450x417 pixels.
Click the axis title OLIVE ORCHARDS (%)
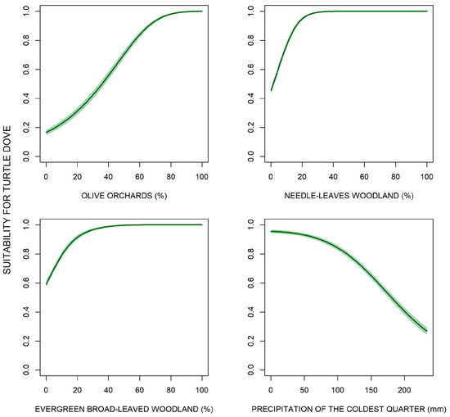click(124, 196)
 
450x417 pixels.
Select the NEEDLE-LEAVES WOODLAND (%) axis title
click(349, 196)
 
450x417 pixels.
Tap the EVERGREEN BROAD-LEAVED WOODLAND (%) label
click(124, 409)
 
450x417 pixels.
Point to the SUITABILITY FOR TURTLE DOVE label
click(7, 200)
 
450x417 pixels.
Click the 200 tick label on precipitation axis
click(404, 390)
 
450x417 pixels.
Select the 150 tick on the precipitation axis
click(371, 390)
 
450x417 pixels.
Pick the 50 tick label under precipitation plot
click(304, 390)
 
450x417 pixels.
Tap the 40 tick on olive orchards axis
click(109, 176)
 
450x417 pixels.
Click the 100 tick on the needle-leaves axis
click(427, 176)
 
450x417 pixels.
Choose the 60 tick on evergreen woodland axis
click(139, 390)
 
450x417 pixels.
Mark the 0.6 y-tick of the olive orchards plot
click(26, 70)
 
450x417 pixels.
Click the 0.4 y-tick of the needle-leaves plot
click(251, 98)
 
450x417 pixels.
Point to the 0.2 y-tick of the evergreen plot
click(26, 341)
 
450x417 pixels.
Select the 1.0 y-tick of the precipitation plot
click(251, 224)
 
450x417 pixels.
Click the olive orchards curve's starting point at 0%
click(47, 132)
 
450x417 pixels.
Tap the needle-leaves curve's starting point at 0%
click(271, 90)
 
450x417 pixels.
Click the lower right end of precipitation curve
click(427, 331)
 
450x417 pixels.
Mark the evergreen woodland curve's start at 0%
click(47, 284)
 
